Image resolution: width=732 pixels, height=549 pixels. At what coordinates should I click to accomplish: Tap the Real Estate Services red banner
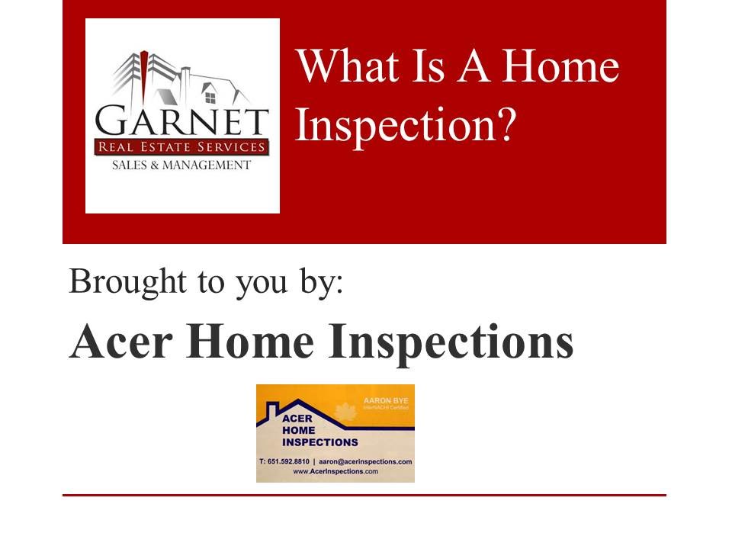181,147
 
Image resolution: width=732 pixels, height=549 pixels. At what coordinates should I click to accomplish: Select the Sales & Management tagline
181,165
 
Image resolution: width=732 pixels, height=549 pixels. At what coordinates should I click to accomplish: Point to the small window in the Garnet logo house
210,96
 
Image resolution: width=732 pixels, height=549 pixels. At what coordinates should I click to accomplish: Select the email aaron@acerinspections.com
365,462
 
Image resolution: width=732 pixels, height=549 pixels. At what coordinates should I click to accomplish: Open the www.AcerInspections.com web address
335,472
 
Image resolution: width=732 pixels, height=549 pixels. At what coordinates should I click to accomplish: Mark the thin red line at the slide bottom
364,495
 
